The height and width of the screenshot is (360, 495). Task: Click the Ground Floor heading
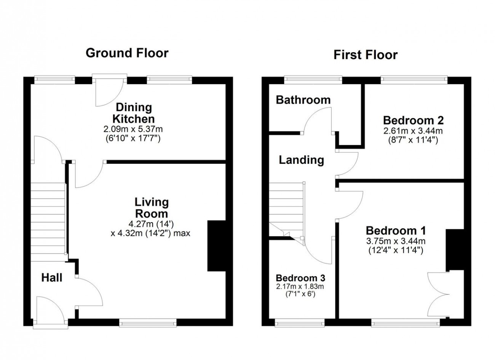point(127,53)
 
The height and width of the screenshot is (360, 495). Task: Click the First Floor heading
point(366,55)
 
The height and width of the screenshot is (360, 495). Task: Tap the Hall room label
point(52,278)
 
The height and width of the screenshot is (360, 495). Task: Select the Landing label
point(302,160)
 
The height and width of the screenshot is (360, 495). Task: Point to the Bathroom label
point(303,100)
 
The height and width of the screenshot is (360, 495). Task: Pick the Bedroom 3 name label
point(300,278)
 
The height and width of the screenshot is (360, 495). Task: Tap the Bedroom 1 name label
point(396,230)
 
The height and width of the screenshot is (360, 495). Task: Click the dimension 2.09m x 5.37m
point(133,129)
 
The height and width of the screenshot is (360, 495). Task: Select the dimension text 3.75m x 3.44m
point(396,241)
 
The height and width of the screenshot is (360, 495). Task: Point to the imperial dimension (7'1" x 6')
point(300,294)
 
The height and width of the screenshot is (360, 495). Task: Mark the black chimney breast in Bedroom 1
point(455,250)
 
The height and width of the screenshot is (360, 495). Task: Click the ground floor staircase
point(48,222)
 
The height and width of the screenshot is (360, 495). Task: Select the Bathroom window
point(313,80)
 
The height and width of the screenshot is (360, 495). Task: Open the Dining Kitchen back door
point(110,90)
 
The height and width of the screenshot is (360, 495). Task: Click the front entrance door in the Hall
point(51,312)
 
